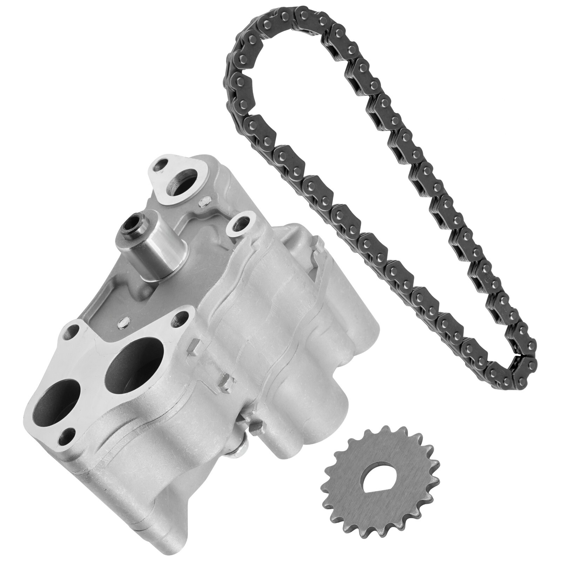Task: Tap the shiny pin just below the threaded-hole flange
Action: coord(202,202)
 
